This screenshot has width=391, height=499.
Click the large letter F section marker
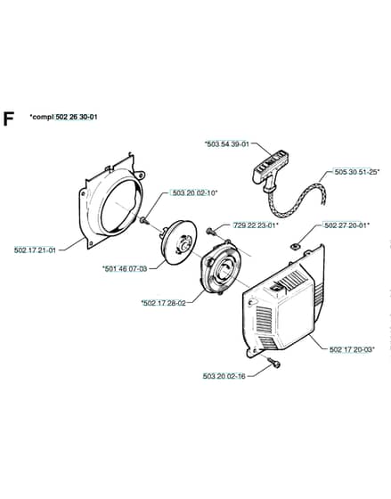9,119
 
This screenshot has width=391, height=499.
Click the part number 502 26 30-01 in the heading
77,117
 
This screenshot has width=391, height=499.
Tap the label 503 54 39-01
227,143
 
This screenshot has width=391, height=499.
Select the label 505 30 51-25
356,171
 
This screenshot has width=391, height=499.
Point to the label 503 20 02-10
195,192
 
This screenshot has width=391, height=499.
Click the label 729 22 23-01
256,225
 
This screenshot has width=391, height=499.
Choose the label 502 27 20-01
346,225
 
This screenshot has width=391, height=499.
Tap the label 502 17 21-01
35,250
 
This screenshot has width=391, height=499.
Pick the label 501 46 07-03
125,269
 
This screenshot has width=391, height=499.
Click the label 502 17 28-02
163,303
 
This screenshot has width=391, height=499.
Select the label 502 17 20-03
352,349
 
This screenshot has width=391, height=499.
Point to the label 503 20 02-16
224,376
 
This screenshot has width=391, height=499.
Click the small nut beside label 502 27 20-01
295,246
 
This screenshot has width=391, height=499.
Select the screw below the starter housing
274,363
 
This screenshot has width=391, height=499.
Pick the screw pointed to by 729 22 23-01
211,232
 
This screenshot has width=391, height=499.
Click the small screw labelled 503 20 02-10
144,220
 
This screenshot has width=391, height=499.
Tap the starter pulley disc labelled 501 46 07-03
178,242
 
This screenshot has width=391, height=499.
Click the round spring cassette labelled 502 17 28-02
221,268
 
